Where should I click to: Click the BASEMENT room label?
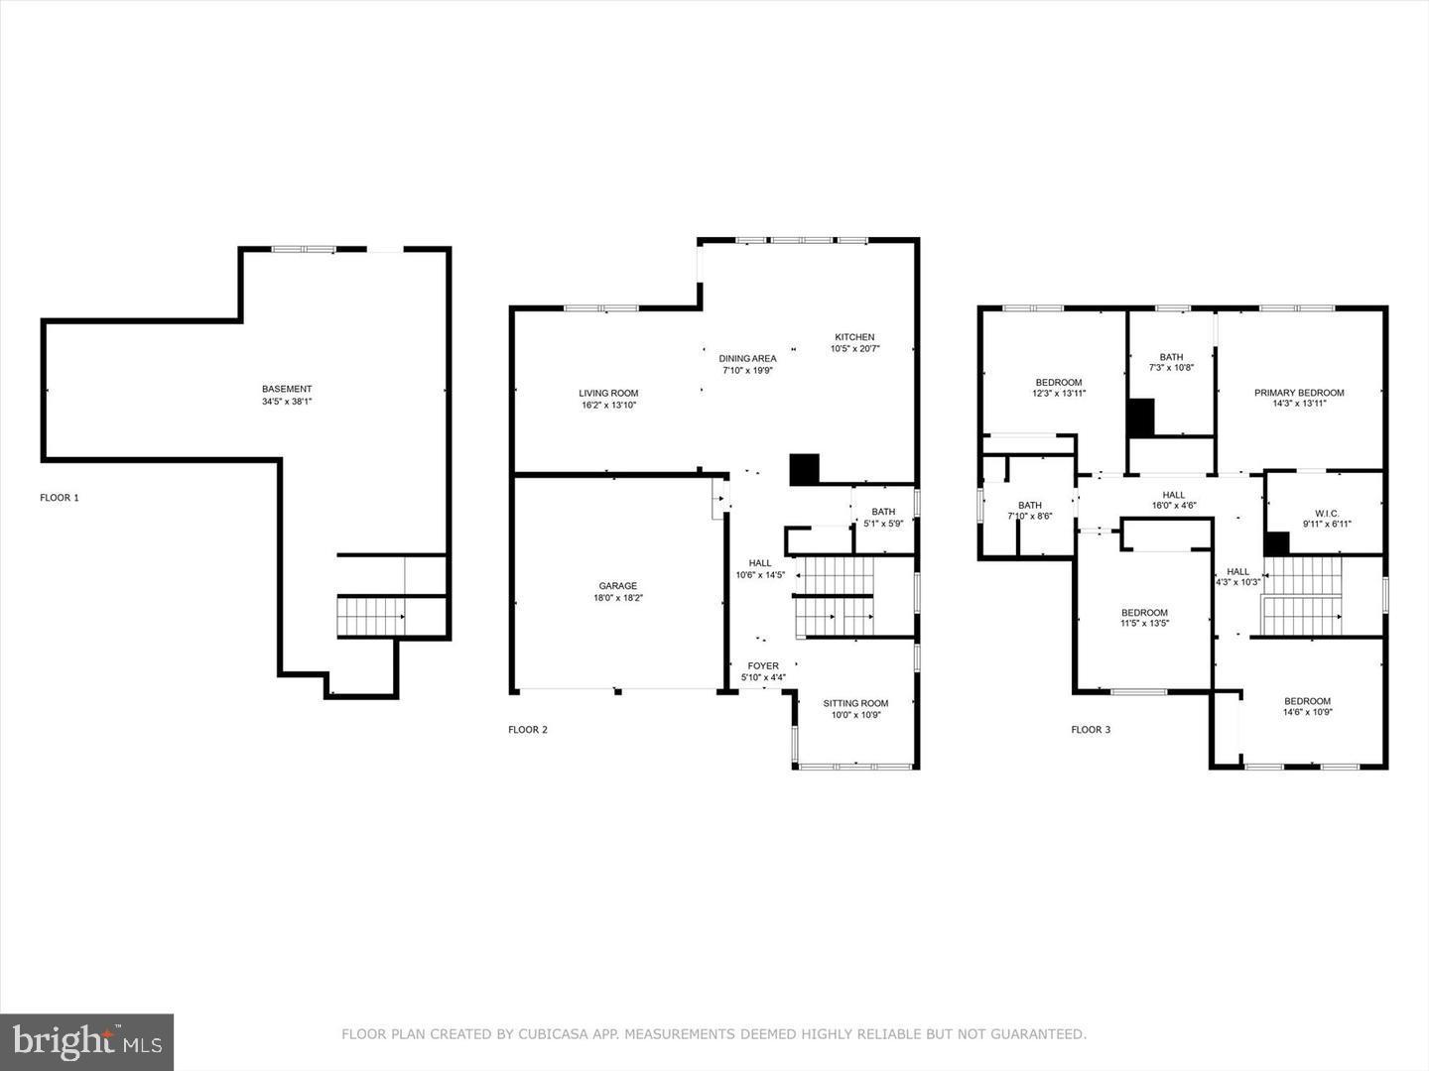[287, 389]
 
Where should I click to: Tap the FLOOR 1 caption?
[60, 498]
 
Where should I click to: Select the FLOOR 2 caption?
[528, 730]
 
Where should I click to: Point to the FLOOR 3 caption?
[1091, 730]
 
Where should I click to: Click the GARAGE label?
[617, 586]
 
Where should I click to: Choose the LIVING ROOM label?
[608, 394]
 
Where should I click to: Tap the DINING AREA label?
[747, 359]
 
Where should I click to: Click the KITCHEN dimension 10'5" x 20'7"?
[854, 349]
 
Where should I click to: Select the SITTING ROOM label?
[855, 704]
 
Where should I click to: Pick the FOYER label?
[763, 666]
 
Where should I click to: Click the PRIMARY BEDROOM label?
[1299, 393]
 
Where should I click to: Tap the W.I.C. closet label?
[1326, 512]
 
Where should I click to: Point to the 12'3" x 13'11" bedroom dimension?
[1059, 394]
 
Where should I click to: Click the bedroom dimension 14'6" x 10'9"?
[1307, 712]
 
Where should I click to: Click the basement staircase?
[371, 617]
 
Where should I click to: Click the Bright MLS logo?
[86, 1041]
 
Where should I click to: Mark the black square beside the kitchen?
[804, 469]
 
